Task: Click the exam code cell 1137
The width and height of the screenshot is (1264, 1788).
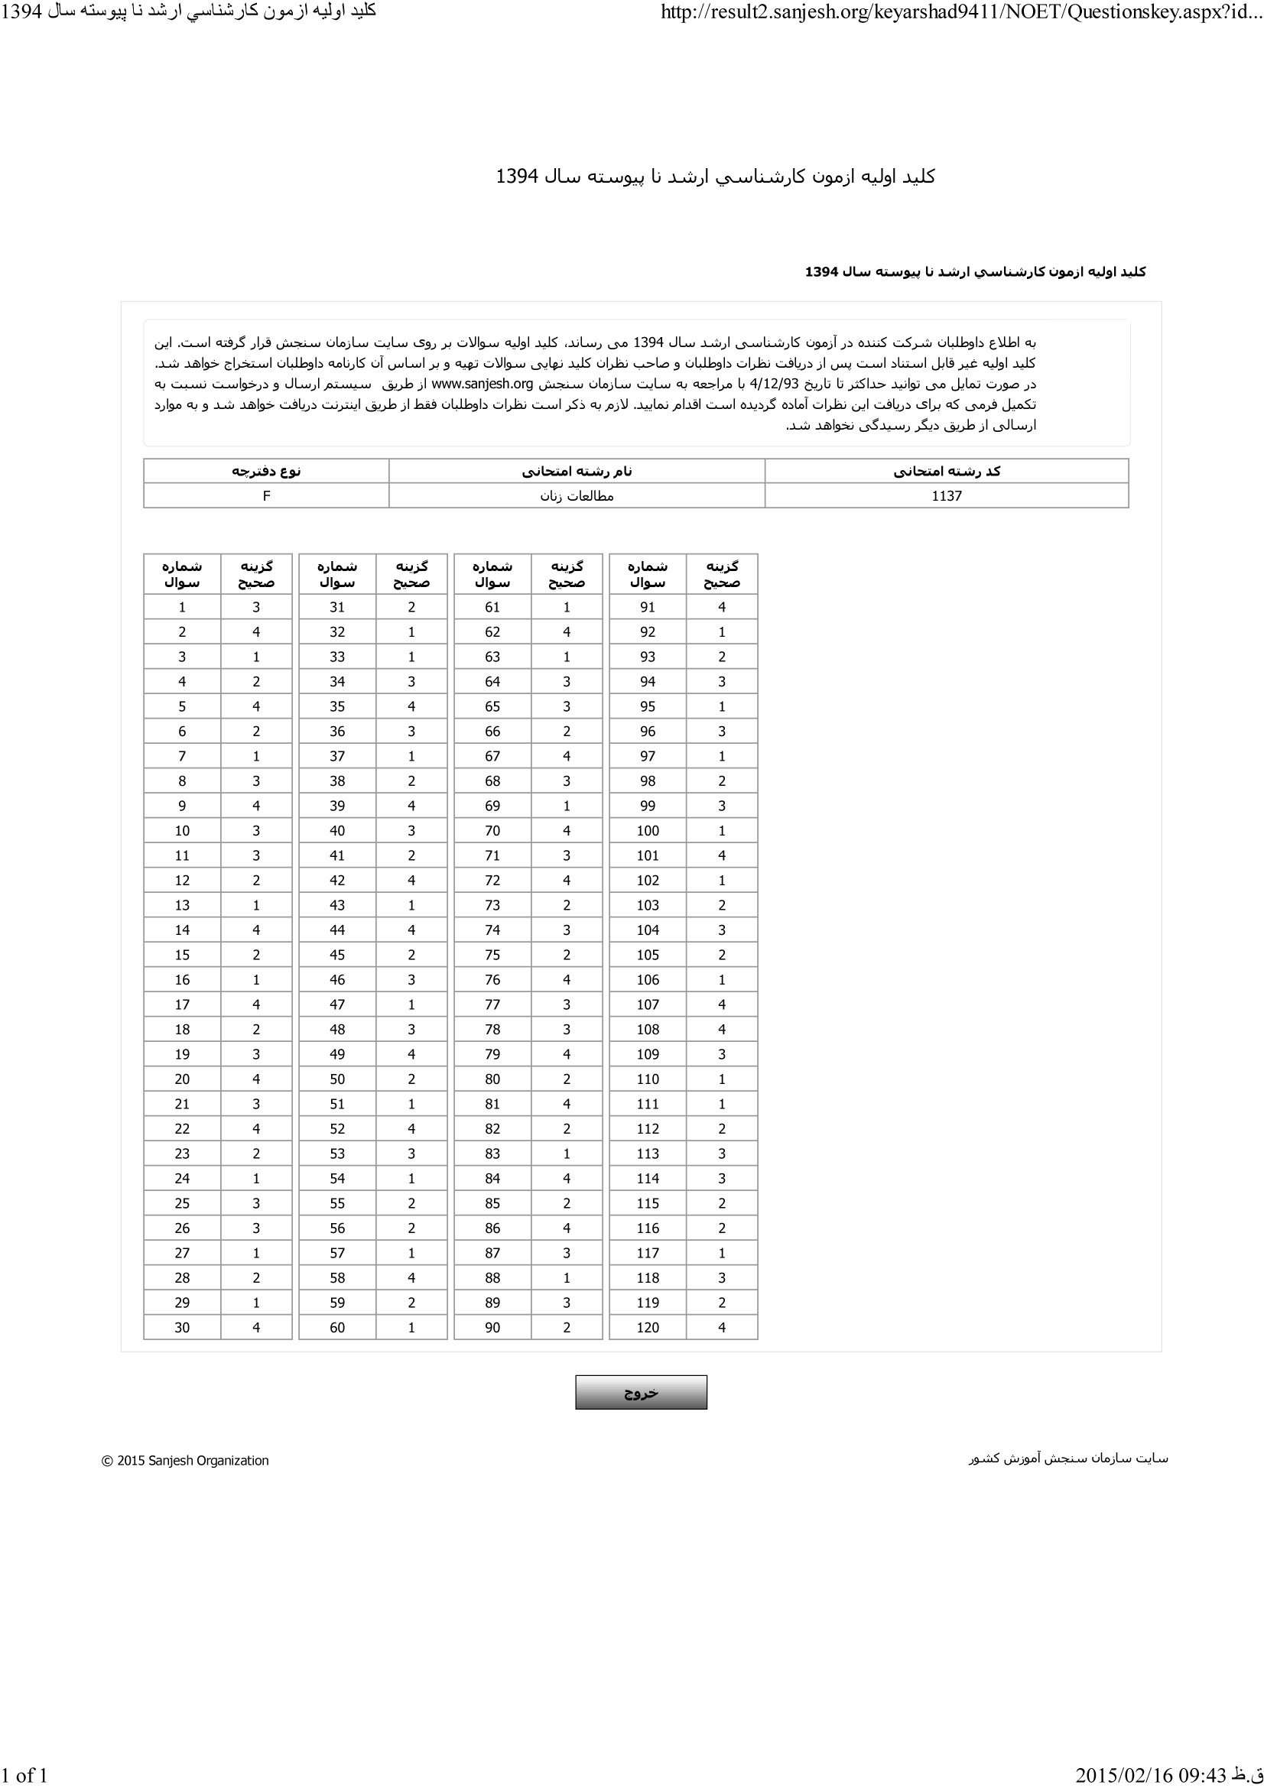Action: point(946,496)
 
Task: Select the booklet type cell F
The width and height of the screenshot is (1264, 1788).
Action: point(266,496)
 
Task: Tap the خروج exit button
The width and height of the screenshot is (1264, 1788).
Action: point(641,1392)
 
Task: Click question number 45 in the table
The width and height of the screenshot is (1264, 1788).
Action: point(337,955)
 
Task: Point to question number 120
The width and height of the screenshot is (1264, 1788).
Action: point(647,1327)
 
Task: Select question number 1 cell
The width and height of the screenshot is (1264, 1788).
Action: point(182,608)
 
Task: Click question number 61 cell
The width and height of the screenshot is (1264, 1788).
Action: point(492,608)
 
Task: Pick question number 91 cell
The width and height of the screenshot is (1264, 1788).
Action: point(647,608)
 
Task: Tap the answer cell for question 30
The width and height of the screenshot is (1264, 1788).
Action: point(256,1327)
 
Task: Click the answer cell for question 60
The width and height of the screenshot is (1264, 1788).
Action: point(411,1327)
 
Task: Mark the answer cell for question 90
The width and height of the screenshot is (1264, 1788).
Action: point(566,1327)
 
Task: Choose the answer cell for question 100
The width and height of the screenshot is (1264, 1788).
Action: point(722,830)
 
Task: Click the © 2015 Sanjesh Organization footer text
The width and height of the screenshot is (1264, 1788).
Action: point(185,1461)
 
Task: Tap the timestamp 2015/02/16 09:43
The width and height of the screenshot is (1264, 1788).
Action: point(1145,1775)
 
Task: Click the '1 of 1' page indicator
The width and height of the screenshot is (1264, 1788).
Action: point(25,1775)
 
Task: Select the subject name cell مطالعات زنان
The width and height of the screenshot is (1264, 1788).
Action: point(577,496)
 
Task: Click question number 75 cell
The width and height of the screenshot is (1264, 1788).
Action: point(492,955)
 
